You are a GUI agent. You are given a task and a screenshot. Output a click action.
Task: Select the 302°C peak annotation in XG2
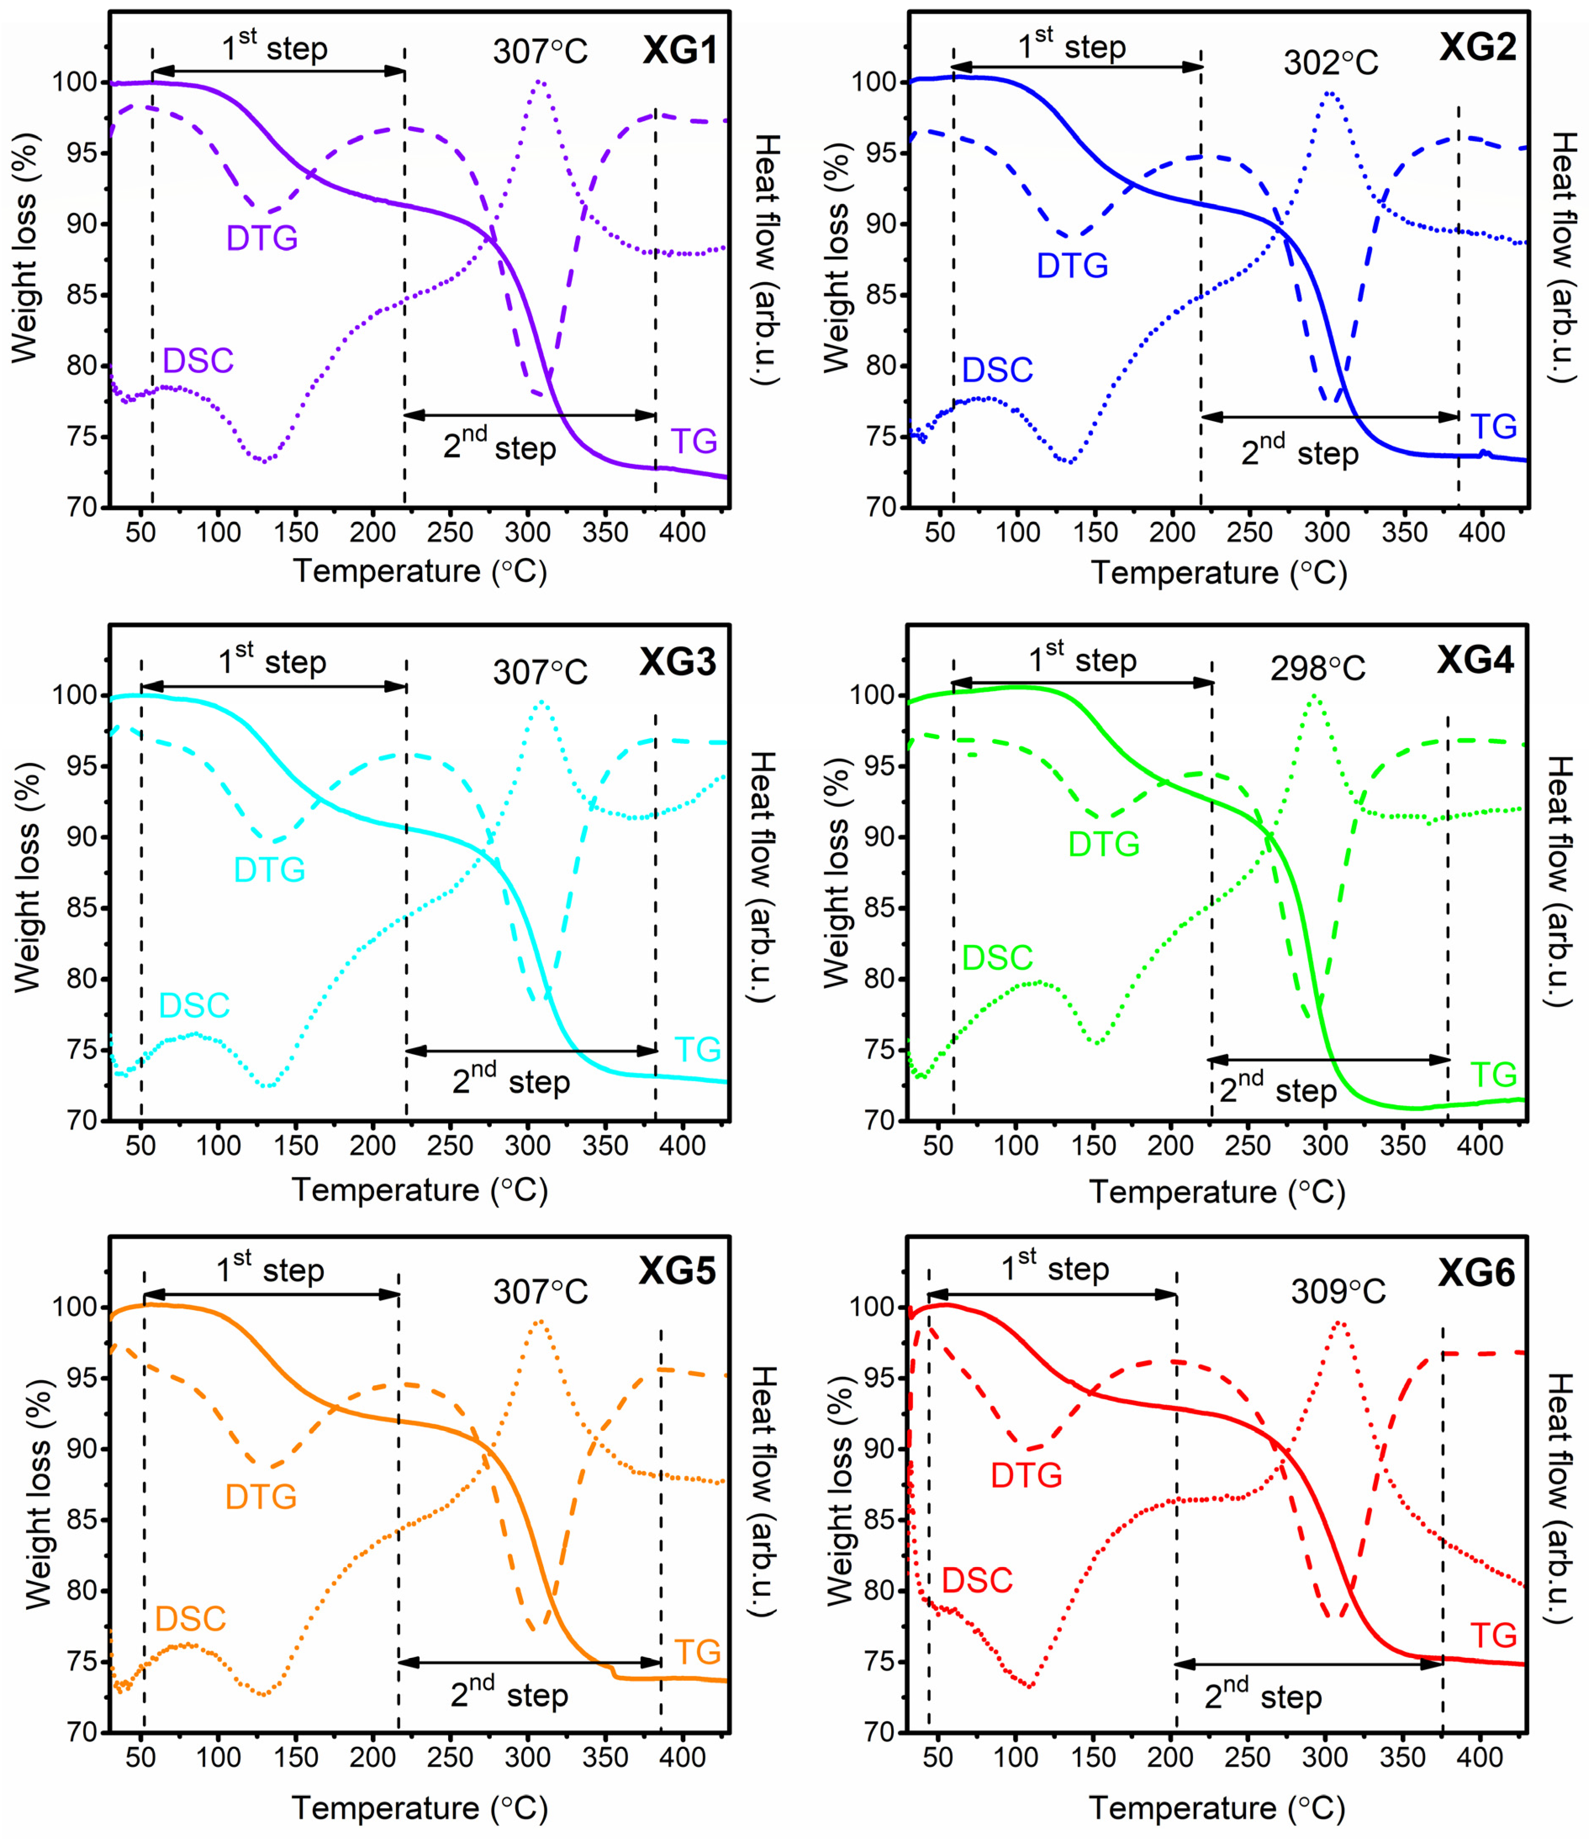pos(1330,62)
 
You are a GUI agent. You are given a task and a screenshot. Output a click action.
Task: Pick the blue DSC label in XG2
pos(997,370)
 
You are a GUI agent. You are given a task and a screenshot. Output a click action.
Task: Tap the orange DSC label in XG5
pos(190,1619)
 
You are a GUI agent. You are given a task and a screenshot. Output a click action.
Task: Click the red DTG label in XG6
pos(1027,1476)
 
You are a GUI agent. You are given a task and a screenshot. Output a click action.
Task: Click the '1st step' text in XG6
pos(1055,1267)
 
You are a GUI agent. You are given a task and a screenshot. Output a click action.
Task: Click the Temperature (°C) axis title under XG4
pos(1217,1191)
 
